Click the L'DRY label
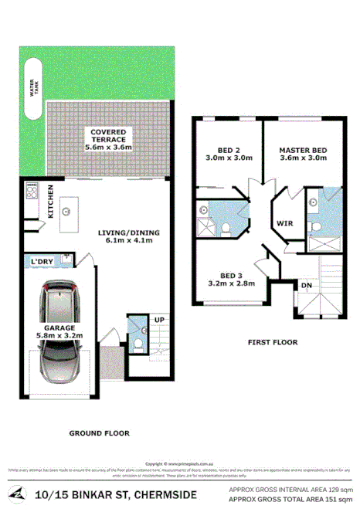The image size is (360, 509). pos(42,262)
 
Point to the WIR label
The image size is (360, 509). pos(284,224)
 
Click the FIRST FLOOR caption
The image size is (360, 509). pos(272,341)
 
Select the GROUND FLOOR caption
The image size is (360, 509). pos(100,433)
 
